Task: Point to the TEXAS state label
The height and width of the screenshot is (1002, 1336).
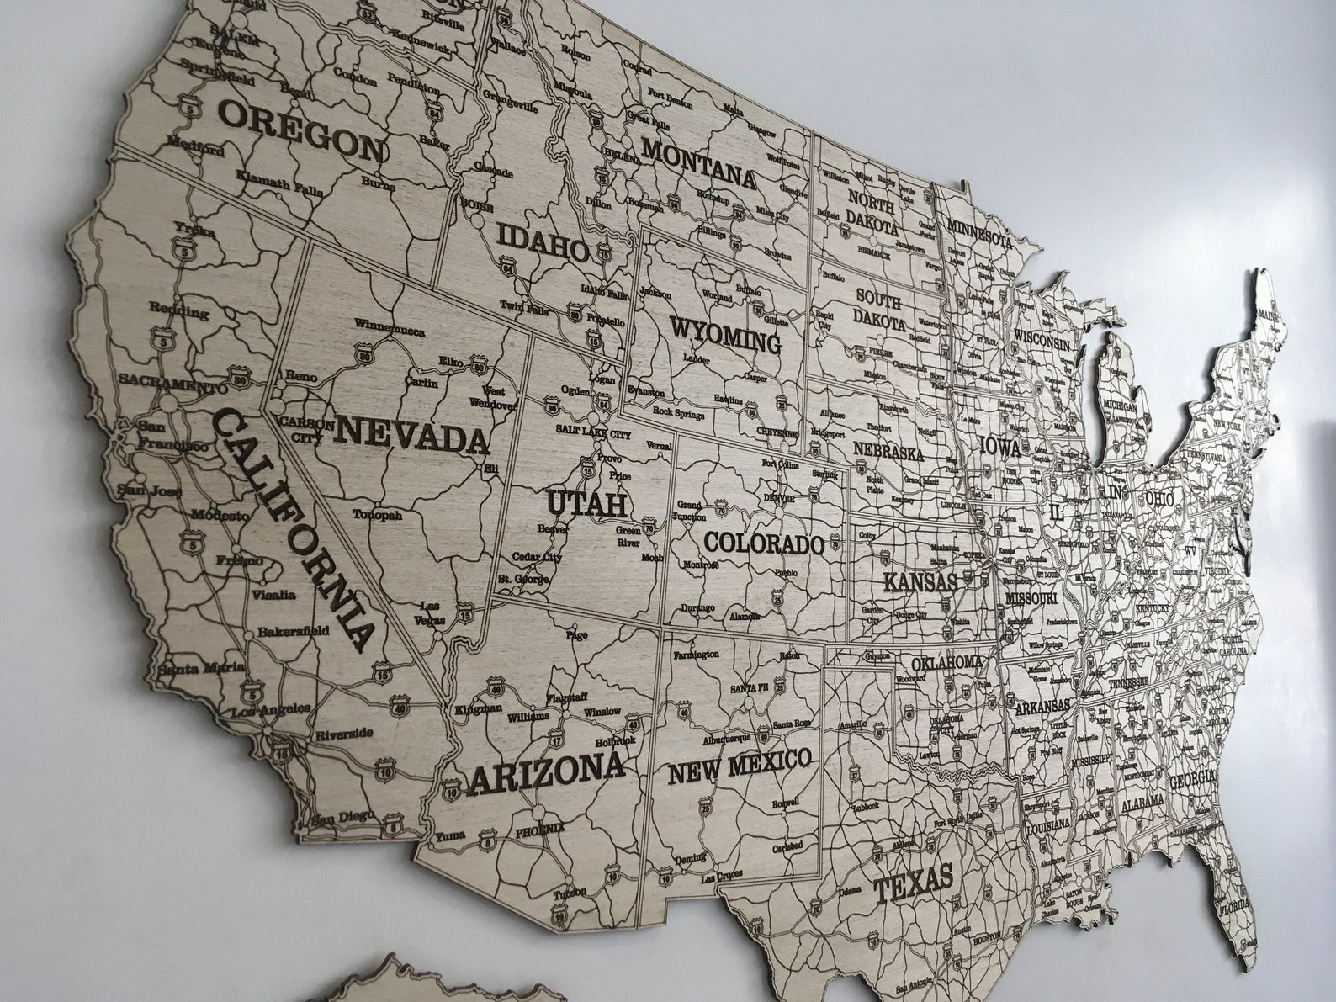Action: [913, 882]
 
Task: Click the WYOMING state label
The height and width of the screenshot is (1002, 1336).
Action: [725, 334]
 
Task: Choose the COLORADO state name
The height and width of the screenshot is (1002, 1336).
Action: [763, 543]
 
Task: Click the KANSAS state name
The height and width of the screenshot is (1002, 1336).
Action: [920, 581]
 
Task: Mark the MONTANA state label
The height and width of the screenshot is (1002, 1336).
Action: [699, 162]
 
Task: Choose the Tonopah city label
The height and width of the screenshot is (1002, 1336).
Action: [377, 515]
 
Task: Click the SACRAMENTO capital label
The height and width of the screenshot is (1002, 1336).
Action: [172, 384]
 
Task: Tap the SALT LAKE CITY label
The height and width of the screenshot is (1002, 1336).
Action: [592, 432]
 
